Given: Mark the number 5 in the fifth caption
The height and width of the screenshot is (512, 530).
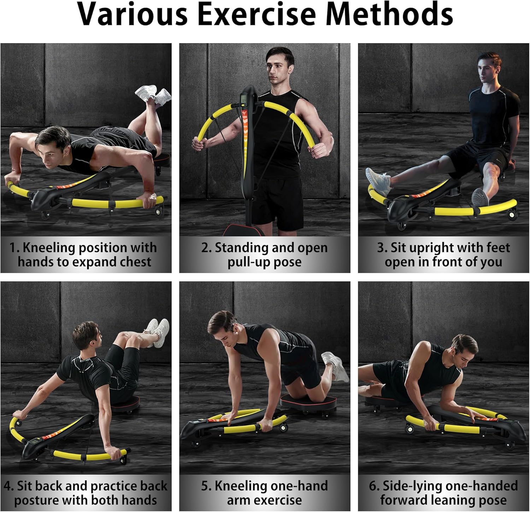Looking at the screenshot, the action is (x=205, y=486).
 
